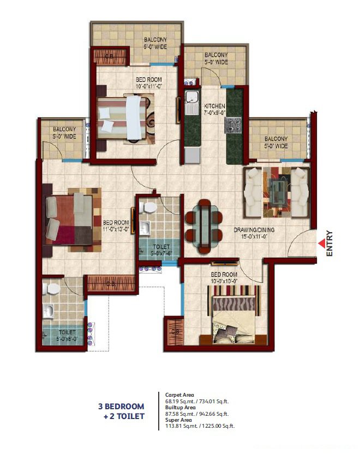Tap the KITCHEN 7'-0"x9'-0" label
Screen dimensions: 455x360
[214, 109]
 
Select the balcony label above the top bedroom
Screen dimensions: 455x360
[155, 43]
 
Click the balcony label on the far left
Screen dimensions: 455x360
[63, 132]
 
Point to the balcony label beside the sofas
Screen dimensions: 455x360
[275, 142]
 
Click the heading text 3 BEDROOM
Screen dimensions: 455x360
[121, 406]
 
